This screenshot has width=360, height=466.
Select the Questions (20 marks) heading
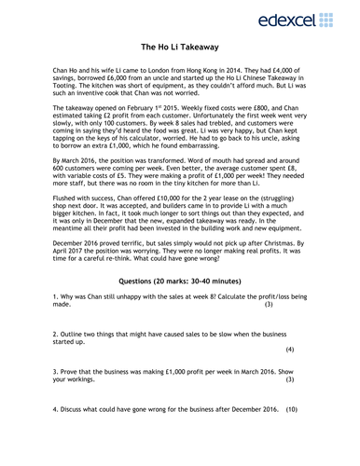coord(180,280)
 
